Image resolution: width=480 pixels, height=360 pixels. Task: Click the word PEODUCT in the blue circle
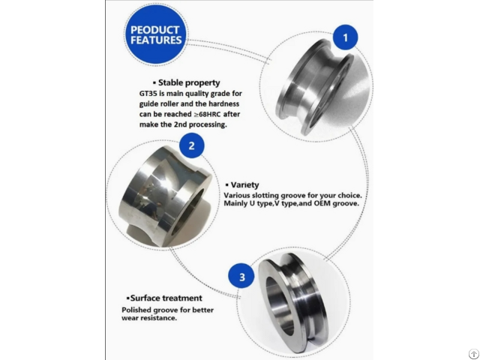154,30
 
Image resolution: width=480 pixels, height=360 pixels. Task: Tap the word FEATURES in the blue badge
156,40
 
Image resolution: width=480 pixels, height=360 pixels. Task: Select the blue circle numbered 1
345,37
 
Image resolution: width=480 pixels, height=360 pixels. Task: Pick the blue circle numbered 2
192,145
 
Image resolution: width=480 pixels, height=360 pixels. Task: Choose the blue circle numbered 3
241,277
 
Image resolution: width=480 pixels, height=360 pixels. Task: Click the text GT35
148,94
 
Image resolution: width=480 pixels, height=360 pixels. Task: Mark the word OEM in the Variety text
322,203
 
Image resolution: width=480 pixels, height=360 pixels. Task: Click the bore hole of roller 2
190,211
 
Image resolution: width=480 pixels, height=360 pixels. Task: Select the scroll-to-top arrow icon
474,354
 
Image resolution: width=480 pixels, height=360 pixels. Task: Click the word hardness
223,104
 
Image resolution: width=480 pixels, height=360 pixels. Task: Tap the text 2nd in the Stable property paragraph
180,124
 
